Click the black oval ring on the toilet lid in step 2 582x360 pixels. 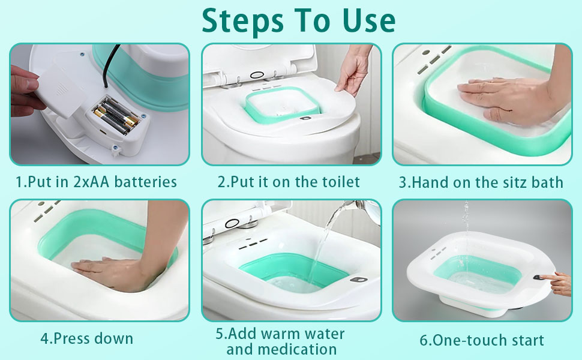257,74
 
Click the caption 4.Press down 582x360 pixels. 86,338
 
